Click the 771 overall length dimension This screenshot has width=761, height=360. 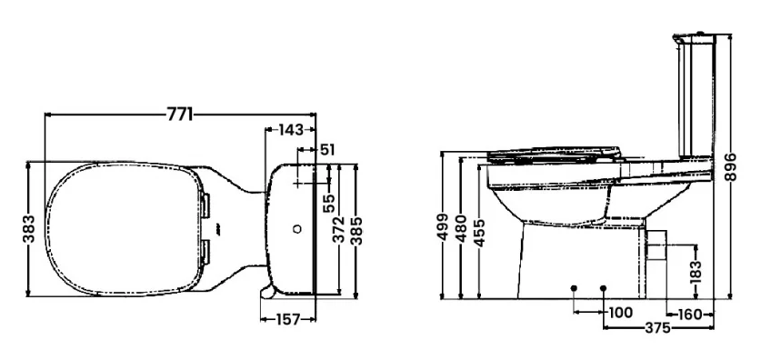pos(179,115)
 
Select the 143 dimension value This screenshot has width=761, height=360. pos(290,130)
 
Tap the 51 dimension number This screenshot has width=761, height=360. pos(328,148)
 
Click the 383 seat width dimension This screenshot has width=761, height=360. pos(30,230)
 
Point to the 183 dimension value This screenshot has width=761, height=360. pos(696,271)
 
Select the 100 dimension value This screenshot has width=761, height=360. pos(619,312)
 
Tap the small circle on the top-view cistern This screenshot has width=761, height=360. pos(296,229)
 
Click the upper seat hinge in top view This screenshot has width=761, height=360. pos(205,205)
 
